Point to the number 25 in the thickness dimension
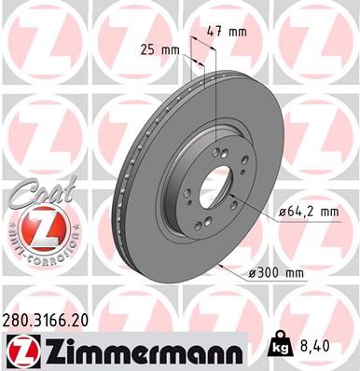(x=147, y=48)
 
